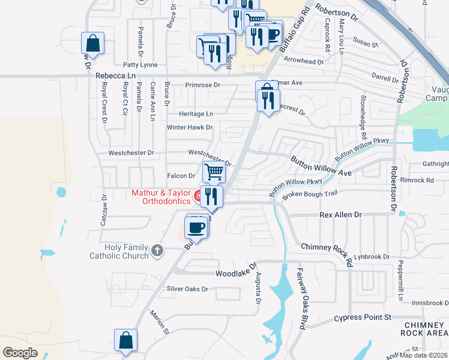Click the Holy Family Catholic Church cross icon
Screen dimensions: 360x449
click(157, 250)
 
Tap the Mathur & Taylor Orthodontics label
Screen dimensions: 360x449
click(160, 197)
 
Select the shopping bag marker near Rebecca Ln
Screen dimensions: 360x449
click(93, 43)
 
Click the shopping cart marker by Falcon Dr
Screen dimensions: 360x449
click(214, 172)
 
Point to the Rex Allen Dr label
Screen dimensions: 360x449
click(341, 214)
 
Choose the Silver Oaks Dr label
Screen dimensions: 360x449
click(187, 289)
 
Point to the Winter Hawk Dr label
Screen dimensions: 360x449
click(190, 127)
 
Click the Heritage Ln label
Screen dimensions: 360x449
click(196, 113)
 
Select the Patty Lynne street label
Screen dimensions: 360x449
click(140, 64)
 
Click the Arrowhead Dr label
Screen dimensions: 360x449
click(304, 61)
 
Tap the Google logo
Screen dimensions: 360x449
click(20, 353)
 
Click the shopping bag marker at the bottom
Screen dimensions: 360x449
click(126, 341)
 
